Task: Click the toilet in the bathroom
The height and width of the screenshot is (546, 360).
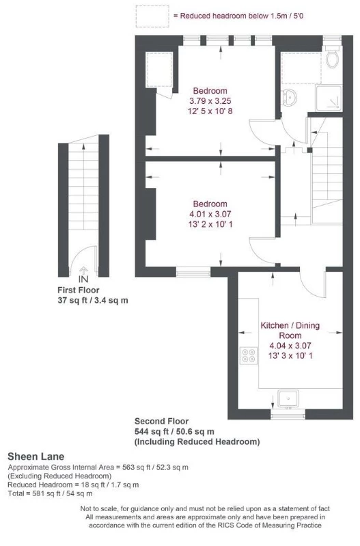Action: [x=333, y=59]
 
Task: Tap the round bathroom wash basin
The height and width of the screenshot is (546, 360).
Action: [x=290, y=95]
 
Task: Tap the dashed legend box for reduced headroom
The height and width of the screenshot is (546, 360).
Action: [x=152, y=15]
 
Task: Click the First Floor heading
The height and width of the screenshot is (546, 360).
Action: [x=83, y=290]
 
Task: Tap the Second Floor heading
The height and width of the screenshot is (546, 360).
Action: [x=161, y=422]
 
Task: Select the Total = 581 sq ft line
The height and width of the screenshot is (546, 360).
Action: [x=50, y=493]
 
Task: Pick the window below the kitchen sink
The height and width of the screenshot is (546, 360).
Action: [x=288, y=415]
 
